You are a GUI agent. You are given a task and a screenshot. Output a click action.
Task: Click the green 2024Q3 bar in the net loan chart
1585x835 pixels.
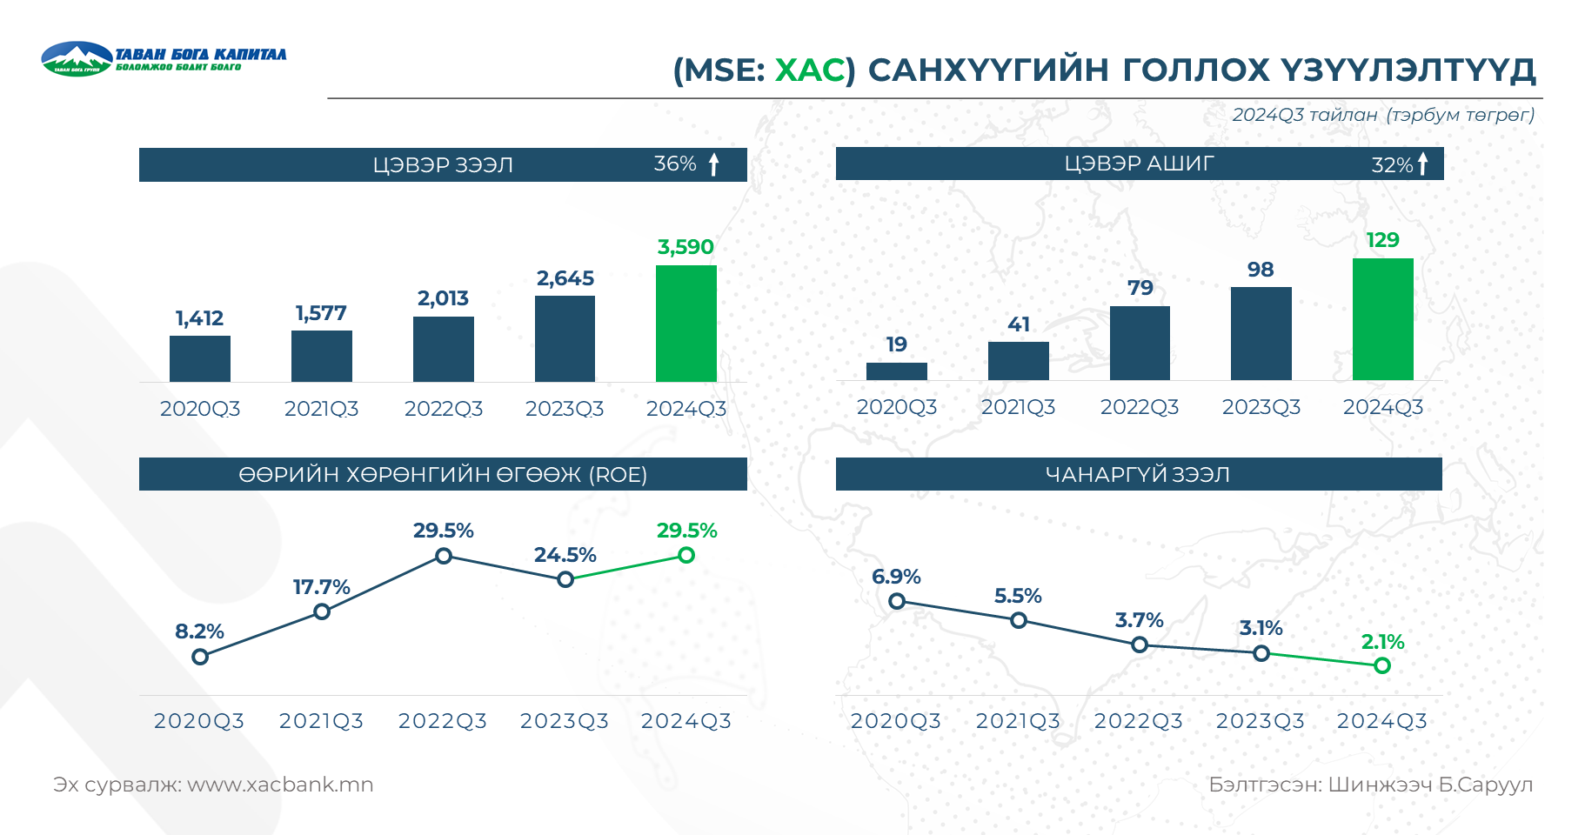coord(685,323)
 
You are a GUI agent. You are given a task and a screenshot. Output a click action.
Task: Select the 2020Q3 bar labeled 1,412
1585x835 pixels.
coord(200,358)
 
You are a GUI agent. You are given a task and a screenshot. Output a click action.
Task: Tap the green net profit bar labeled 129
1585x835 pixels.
coord(1382,318)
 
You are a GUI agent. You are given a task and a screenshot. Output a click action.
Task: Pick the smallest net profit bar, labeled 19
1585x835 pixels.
coord(896,371)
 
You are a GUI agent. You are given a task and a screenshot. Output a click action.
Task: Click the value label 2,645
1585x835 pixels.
coord(565,278)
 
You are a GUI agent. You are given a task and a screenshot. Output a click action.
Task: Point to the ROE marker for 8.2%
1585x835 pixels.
coord(200,657)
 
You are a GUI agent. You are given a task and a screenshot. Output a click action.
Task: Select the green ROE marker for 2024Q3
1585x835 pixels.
coord(686,555)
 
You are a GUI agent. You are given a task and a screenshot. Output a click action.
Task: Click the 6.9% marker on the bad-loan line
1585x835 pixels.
coord(897,601)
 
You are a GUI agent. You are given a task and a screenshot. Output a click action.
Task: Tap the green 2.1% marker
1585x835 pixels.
coord(1382,665)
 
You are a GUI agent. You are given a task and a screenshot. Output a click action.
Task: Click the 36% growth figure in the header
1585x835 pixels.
coord(675,164)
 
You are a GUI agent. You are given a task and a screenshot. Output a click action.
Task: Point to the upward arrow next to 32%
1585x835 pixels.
coord(1423,164)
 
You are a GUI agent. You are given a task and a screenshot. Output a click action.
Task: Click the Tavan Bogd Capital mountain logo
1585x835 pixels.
coord(77,59)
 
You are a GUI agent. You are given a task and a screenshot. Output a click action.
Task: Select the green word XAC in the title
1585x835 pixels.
coord(809,70)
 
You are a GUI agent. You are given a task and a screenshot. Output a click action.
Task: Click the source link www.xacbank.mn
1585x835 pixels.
coord(280,785)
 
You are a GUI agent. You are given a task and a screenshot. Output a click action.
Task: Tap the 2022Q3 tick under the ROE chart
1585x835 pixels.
coord(443,721)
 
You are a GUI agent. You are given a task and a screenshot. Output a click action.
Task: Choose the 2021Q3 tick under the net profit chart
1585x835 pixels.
coord(1018,407)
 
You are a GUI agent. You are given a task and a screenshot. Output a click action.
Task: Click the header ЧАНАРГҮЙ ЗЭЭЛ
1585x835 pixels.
coord(1138,474)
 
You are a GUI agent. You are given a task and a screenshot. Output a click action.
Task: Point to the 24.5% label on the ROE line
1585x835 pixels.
coord(565,555)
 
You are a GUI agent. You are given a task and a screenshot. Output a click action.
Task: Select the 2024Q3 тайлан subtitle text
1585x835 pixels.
coord(1305,115)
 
